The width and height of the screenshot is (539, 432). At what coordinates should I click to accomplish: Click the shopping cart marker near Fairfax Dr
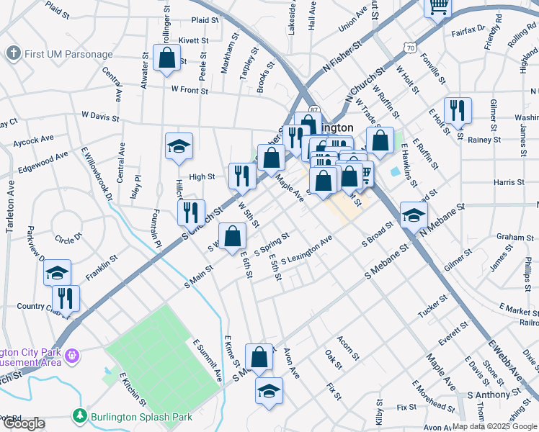click(438, 8)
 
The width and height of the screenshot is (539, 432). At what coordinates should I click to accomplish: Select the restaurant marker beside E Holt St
click(458, 110)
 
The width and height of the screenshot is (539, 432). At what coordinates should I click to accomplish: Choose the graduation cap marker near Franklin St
click(57, 273)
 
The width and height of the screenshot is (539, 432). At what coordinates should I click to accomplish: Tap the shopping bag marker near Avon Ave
click(259, 356)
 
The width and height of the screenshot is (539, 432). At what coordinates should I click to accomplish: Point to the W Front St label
click(190, 91)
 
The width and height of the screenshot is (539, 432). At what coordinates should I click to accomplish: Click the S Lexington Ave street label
click(306, 250)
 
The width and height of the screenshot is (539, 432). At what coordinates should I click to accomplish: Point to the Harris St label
click(509, 183)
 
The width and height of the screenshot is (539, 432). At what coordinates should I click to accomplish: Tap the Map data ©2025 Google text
click(494, 426)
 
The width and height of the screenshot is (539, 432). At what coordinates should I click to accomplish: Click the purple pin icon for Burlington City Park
click(72, 355)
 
